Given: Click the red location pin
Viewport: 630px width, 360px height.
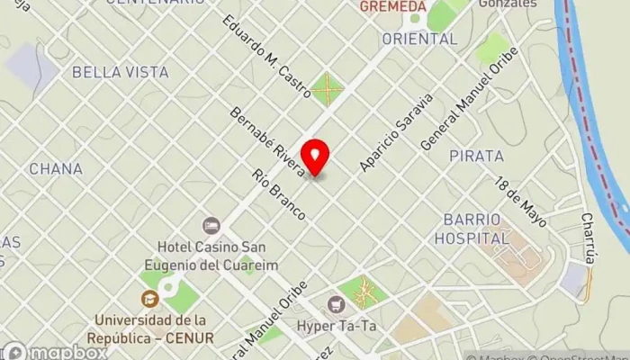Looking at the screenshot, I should click(315, 157).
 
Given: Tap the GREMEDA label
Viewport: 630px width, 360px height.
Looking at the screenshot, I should click(392, 6).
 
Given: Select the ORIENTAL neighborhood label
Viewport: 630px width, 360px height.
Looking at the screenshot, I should click(419, 39).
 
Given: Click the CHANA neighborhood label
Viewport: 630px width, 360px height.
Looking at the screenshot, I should click(56, 168).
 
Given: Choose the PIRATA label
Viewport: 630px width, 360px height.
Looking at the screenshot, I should click(476, 156).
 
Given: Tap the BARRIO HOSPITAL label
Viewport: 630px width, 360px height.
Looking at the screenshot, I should click(472, 229).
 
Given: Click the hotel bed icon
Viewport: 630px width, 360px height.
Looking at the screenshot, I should click(211, 225).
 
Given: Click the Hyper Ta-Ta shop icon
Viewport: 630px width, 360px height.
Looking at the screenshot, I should click(336, 304).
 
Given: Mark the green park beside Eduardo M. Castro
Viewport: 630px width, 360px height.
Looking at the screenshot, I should click(328, 89).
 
